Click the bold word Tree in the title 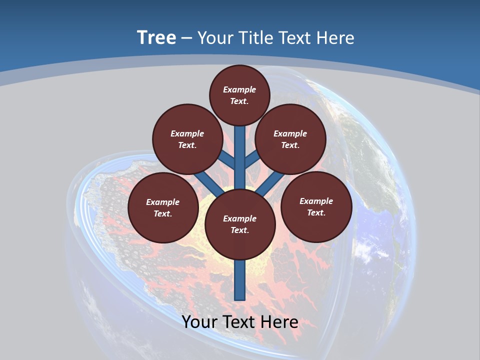click(x=156, y=37)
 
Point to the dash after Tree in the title click(x=186, y=38)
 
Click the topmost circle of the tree click(x=239, y=95)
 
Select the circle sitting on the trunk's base click(x=240, y=224)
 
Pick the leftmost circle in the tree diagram click(x=163, y=207)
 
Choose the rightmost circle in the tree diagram click(x=316, y=206)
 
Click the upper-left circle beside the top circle click(x=187, y=139)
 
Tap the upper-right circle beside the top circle click(x=290, y=139)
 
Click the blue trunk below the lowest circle click(x=240, y=280)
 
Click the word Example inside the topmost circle click(x=239, y=89)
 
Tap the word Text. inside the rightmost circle click(x=316, y=212)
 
